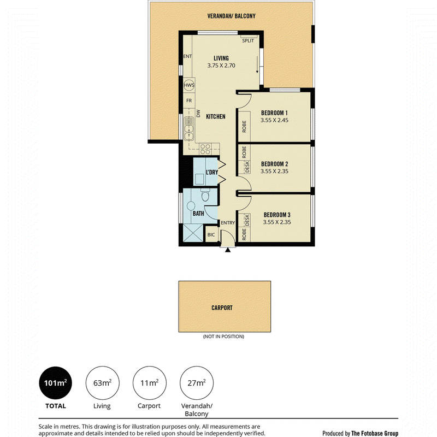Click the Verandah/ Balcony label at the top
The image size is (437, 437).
(231, 16)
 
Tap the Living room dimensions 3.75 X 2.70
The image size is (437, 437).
(221, 66)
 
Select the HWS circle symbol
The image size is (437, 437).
(189, 85)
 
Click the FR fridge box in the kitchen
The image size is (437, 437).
(189, 101)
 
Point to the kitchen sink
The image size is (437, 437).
(189, 128)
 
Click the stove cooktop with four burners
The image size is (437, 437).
(205, 149)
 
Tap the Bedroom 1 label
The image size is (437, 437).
(274, 113)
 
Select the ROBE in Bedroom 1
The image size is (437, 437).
(244, 126)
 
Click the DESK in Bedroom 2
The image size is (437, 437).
(247, 167)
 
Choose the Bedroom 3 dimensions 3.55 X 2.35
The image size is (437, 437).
(277, 222)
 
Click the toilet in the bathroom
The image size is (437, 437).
(205, 196)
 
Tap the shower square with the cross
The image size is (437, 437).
(193, 233)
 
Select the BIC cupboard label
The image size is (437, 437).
(211, 235)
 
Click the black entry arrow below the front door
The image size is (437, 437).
(228, 250)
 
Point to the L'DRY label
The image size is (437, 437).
(212, 172)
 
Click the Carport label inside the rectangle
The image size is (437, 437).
(222, 308)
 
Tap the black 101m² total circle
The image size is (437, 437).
(56, 383)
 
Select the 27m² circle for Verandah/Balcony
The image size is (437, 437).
(197, 383)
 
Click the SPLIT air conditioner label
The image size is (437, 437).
(248, 40)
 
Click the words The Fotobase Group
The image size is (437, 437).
(375, 433)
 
